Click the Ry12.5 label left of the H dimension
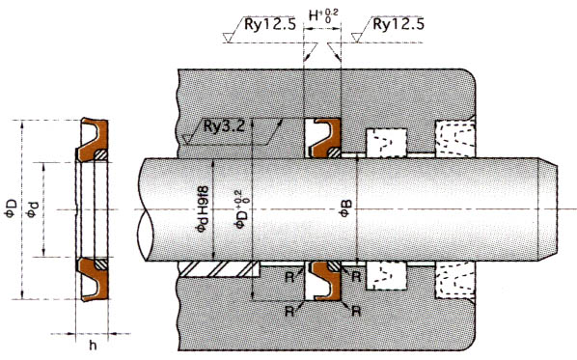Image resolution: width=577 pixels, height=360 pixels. [270, 24]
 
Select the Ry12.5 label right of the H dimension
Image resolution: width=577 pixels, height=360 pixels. [398, 24]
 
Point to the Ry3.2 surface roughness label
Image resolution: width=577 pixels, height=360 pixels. [224, 126]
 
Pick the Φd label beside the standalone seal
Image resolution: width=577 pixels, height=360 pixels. [33, 209]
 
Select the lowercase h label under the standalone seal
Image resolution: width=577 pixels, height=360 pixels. [93, 345]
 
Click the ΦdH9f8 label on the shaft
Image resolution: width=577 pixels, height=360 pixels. [203, 209]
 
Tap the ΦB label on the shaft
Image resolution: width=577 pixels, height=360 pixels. [345, 208]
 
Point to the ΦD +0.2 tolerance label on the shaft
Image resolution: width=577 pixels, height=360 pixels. [243, 209]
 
